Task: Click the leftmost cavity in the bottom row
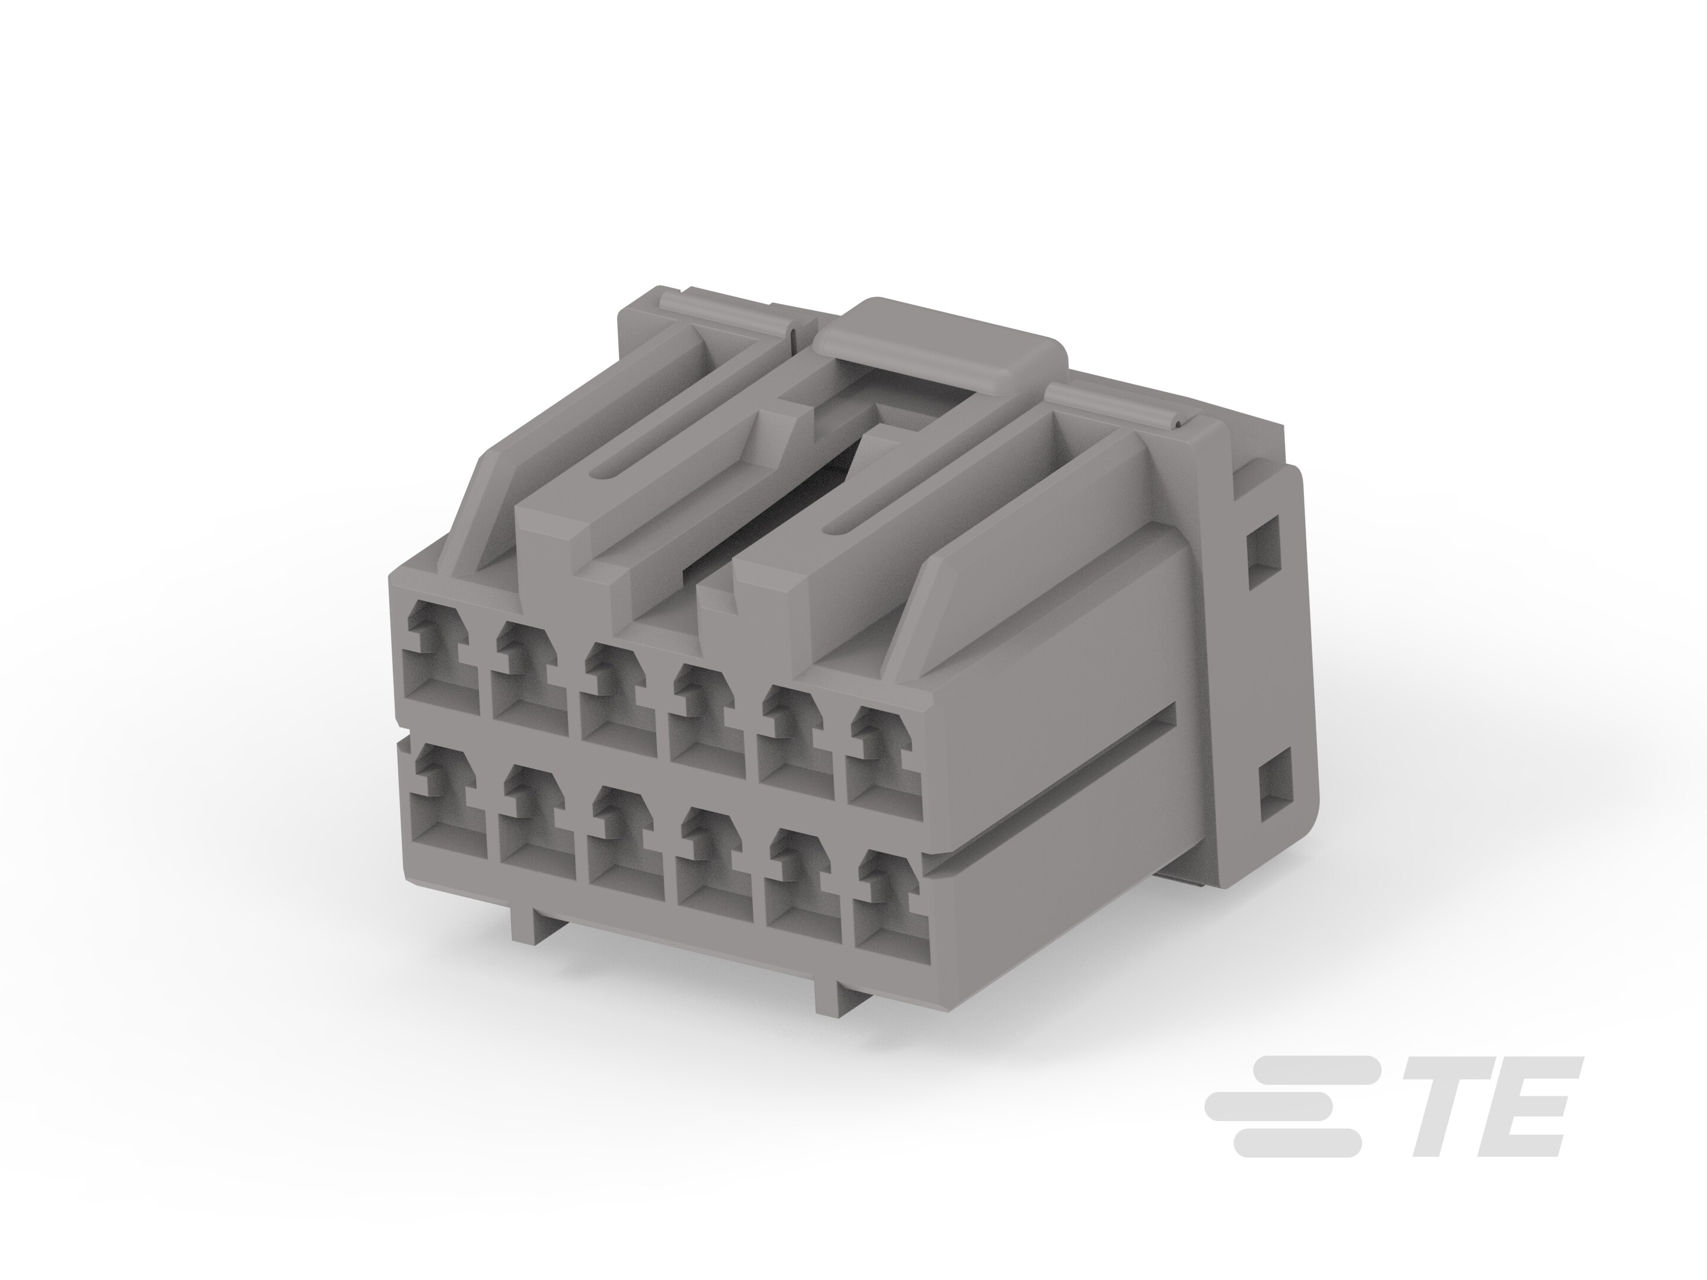pyautogui.click(x=445, y=803)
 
